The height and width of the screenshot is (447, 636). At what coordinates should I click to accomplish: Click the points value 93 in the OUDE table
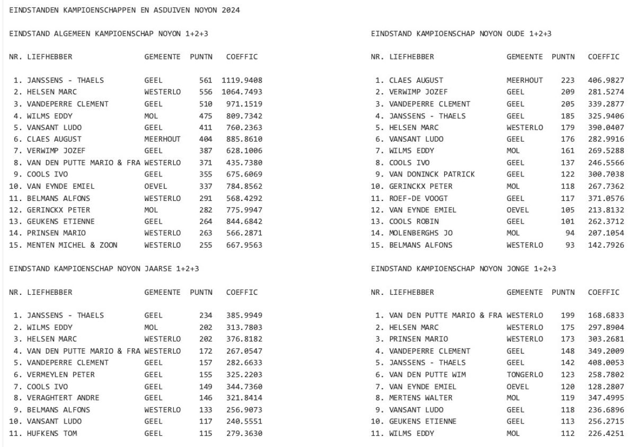[570, 244]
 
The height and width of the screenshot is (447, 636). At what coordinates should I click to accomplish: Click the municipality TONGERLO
[525, 374]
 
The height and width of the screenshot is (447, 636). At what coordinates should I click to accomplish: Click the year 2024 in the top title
[231, 11]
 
